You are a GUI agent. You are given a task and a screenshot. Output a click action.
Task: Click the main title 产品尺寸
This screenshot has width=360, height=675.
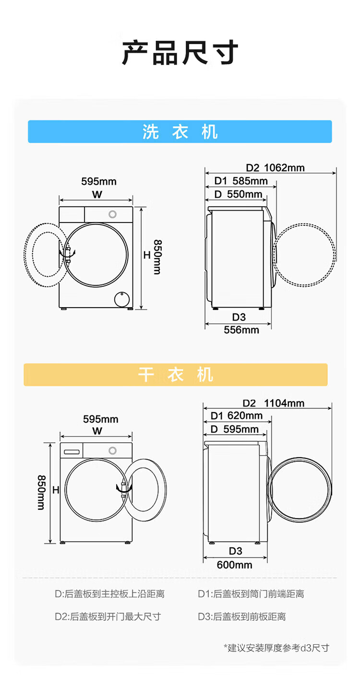tap(180, 53)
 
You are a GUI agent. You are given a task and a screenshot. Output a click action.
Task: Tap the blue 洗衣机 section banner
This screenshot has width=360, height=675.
tap(180, 131)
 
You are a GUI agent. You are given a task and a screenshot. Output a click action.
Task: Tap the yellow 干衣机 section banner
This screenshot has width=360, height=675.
tap(176, 375)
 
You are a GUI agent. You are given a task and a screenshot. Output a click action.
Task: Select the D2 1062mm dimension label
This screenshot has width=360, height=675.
tap(275, 167)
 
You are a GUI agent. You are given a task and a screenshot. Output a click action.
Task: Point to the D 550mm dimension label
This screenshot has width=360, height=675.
tap(238, 194)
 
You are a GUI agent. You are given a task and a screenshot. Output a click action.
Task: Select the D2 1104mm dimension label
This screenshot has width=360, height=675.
tap(273, 403)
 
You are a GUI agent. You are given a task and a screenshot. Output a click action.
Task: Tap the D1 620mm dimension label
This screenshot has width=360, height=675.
tap(237, 415)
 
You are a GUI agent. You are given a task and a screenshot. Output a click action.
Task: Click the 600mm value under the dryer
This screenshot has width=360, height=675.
tap(234, 565)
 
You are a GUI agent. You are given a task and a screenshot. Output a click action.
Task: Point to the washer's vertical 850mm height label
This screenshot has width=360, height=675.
tap(157, 257)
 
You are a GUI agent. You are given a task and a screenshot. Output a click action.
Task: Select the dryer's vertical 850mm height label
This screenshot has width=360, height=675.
tap(42, 492)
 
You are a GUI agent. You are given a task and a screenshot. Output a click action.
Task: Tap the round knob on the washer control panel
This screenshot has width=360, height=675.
tap(113, 214)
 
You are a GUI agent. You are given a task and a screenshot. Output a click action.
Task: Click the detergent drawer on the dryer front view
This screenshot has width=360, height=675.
tap(72, 451)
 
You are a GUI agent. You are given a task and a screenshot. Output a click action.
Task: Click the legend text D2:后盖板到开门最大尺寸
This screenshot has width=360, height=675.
tap(108, 616)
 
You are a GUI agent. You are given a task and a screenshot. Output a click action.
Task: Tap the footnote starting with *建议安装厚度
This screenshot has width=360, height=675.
tap(276, 648)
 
